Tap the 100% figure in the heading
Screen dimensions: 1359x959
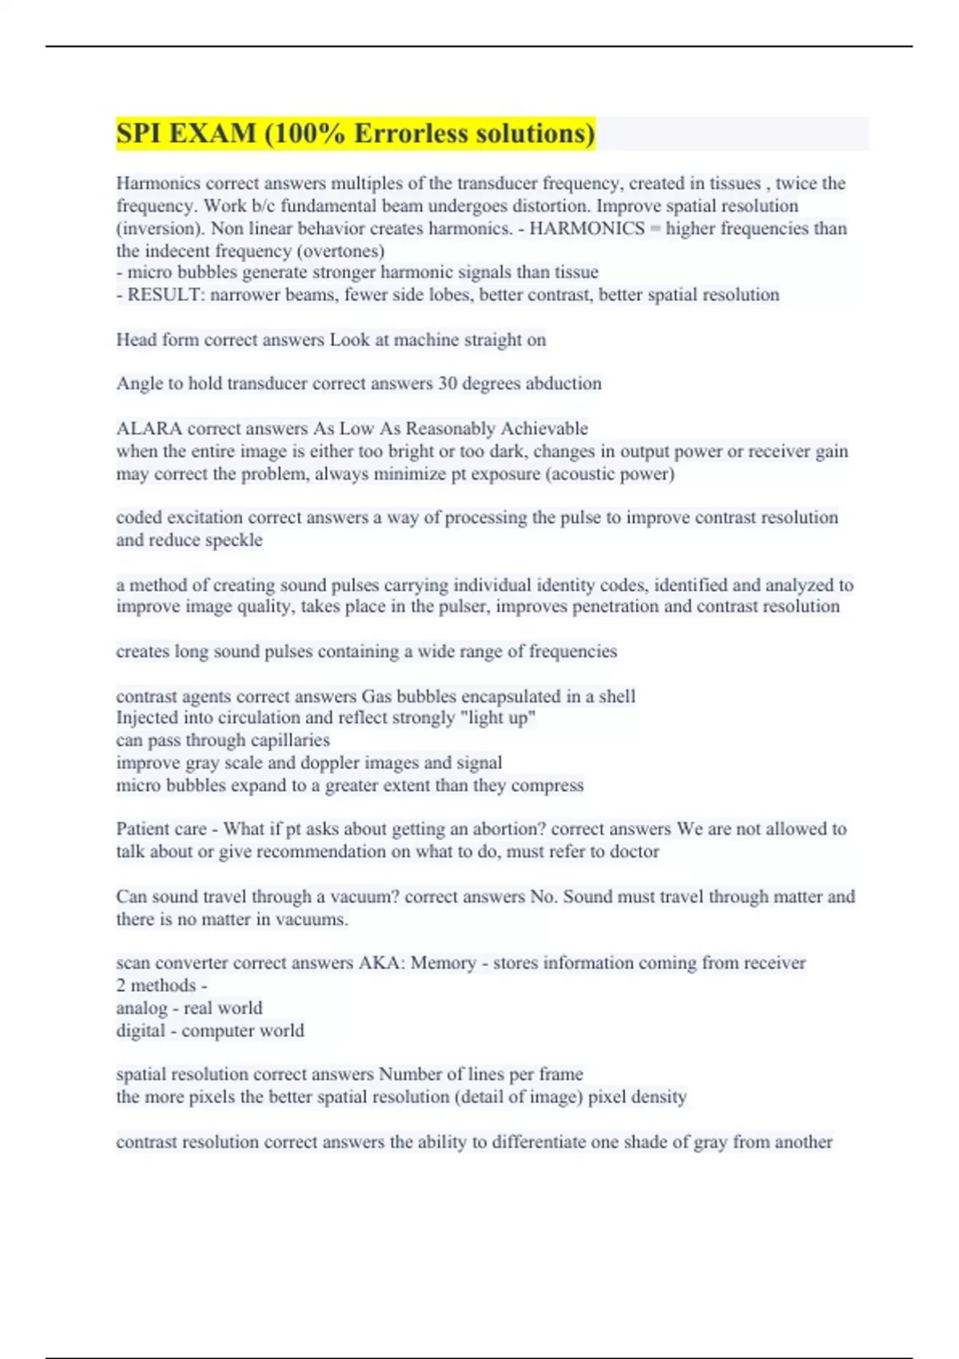pos(308,133)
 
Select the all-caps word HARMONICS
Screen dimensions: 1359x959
pos(587,229)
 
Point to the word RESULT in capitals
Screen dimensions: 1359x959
pos(165,295)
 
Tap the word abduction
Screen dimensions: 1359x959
pos(562,384)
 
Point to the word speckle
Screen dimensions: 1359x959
pos(233,540)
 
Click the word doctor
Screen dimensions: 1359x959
pos(635,852)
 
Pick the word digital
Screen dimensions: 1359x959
pos(141,1030)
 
